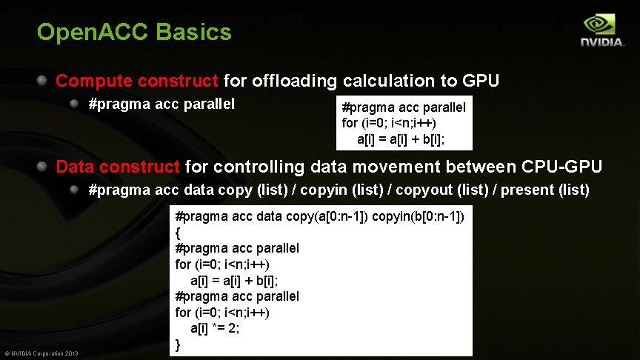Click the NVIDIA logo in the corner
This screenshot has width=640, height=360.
[601, 32]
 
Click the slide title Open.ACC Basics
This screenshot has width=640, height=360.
[134, 33]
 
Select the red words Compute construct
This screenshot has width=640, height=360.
[137, 81]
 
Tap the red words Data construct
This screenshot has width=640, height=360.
[118, 167]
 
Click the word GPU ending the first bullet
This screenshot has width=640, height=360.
[481, 81]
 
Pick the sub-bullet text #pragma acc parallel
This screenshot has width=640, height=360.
[161, 104]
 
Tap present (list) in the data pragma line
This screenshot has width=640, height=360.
[546, 190]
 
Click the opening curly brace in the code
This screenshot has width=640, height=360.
[178, 233]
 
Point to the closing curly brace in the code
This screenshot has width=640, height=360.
[178, 344]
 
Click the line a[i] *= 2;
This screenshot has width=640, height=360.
[215, 328]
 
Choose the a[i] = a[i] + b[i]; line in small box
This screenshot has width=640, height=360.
[404, 139]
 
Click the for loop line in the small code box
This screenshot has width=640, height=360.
[389, 123]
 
